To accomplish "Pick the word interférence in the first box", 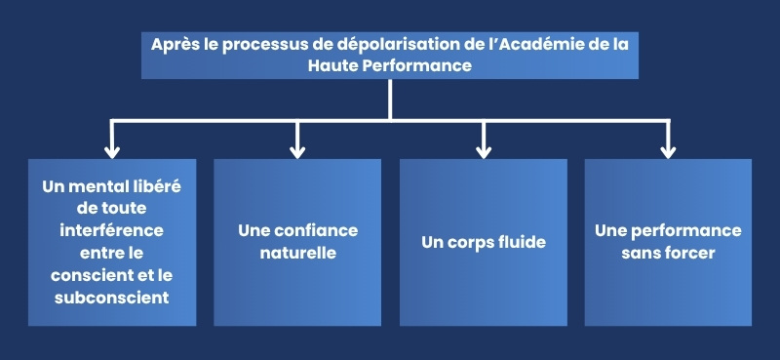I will (112, 230).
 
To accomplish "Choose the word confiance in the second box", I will (315, 231).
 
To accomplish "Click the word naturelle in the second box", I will (297, 253).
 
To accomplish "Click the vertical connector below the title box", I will (390, 99).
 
